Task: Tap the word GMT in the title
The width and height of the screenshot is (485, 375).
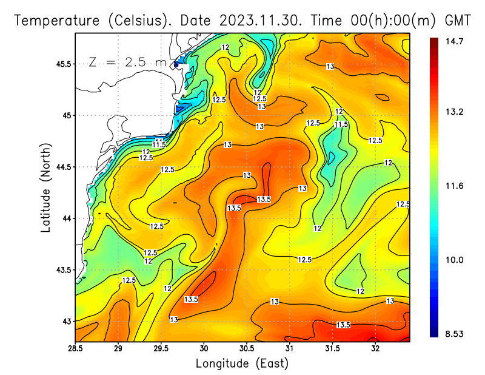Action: [x=458, y=21]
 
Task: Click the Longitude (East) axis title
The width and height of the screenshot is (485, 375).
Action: [x=242, y=363]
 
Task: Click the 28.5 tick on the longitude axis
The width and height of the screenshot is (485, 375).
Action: [x=75, y=349]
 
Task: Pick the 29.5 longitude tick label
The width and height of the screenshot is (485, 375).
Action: [x=161, y=349]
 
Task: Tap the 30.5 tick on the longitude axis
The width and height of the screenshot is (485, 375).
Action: [x=247, y=349]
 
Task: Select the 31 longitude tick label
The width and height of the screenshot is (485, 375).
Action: [x=290, y=349]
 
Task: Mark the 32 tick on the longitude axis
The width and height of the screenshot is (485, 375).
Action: [x=375, y=349]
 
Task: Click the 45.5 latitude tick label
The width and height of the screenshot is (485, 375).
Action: [x=63, y=64]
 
